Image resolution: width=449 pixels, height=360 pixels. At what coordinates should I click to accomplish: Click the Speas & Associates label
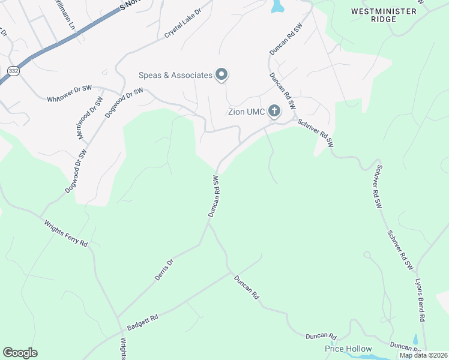click(x=175, y=75)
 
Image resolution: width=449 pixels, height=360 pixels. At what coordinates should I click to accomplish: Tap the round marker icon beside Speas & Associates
click(x=221, y=75)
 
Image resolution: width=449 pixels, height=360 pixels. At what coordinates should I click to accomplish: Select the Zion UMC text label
click(x=247, y=111)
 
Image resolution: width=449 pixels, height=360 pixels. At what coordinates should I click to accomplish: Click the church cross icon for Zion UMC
click(x=274, y=110)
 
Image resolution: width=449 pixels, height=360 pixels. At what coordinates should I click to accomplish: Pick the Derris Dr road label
click(x=164, y=269)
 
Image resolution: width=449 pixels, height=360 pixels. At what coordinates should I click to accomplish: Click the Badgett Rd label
click(x=142, y=322)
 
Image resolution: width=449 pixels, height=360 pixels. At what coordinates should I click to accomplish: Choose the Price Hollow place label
click(x=348, y=349)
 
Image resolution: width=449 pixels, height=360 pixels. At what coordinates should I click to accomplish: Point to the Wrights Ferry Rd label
click(x=65, y=234)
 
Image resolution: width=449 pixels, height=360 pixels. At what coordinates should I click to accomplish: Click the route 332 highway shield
click(x=13, y=71)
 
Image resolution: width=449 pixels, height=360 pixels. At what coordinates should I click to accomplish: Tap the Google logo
click(x=20, y=353)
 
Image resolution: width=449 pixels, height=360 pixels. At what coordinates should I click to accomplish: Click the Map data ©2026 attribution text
click(x=423, y=355)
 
